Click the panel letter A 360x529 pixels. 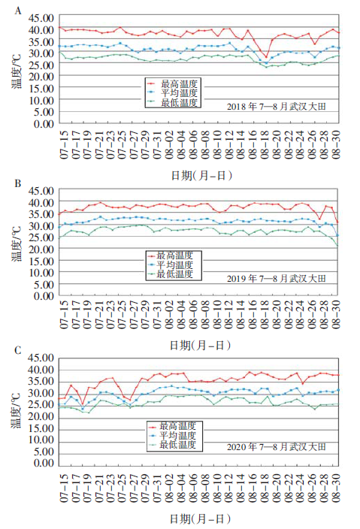click(x=18, y=11)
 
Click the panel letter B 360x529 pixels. click(x=18, y=183)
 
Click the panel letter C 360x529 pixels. click(x=18, y=351)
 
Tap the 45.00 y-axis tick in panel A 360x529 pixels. click(x=41, y=18)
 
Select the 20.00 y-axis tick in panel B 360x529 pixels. click(x=41, y=249)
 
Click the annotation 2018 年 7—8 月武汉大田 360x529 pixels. click(x=277, y=107)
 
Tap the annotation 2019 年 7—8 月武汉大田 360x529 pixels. click(x=277, y=279)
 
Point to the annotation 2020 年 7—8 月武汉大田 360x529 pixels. click(x=277, y=447)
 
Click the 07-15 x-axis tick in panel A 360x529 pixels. click(x=64, y=144)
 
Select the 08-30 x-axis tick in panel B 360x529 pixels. click(x=336, y=314)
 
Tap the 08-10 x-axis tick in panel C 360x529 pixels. click(x=217, y=487)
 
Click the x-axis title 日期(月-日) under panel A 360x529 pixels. click(x=201, y=176)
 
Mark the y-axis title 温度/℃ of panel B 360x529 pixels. click(x=17, y=243)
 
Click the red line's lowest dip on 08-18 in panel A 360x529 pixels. click(x=266, y=56)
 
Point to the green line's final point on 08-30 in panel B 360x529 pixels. click(x=337, y=246)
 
